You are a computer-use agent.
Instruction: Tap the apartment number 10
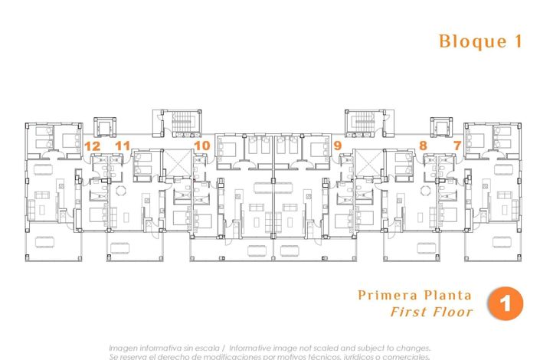tap(201, 145)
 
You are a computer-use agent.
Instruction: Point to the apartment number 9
tap(337, 145)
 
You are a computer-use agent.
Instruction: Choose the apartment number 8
tap(423, 145)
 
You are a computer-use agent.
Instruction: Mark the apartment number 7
tap(457, 145)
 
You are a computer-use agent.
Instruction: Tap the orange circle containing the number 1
tap(505, 303)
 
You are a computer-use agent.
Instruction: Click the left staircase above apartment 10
tap(182, 123)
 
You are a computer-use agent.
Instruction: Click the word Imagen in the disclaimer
tap(126, 347)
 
